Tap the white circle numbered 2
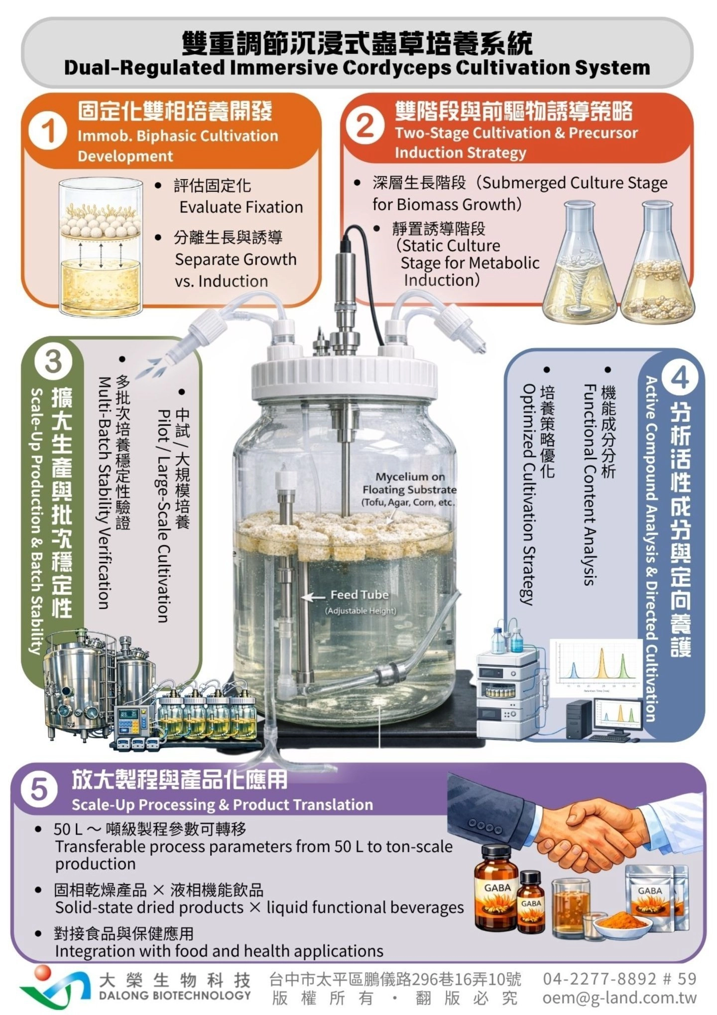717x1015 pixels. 365,125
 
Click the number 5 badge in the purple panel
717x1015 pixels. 39,790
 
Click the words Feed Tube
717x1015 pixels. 359,595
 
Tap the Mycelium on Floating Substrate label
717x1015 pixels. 409,489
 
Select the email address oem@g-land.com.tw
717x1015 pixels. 619,998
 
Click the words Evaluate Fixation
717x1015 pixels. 241,207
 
